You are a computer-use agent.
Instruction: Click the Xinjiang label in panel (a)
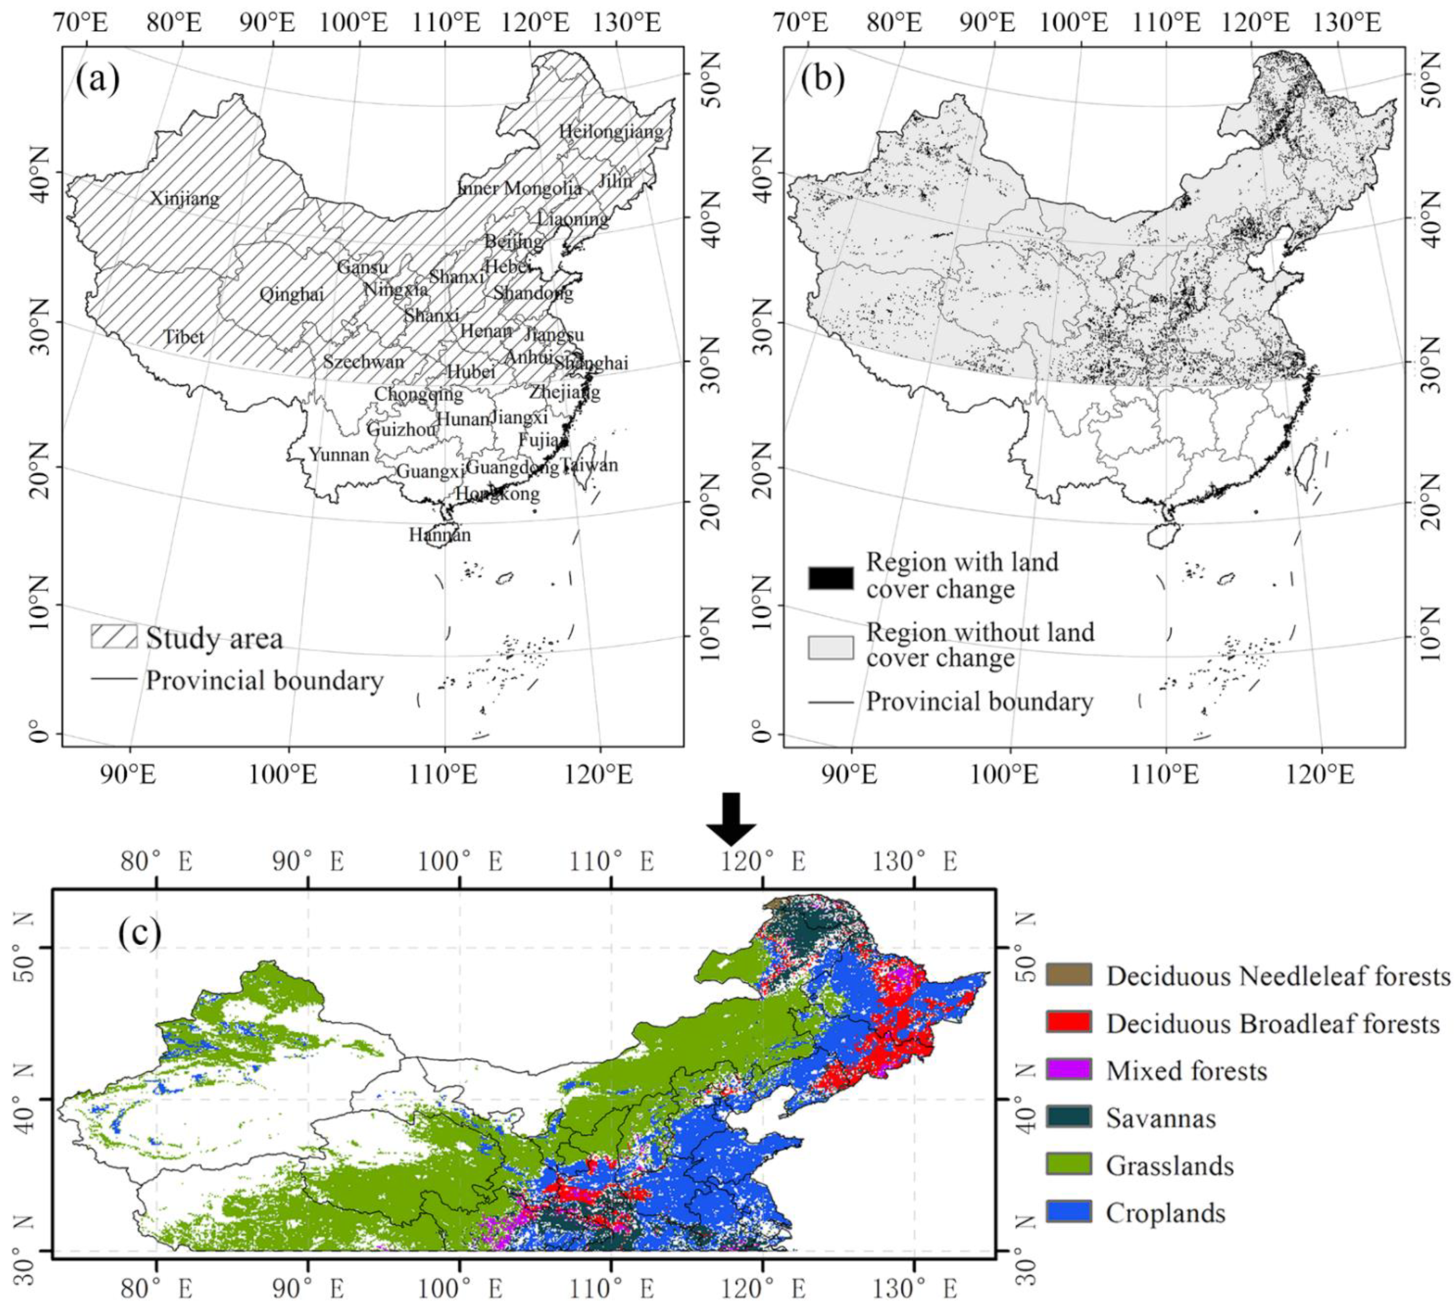tap(185, 198)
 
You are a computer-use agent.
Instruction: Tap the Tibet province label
tap(184, 336)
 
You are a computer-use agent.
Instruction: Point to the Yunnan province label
tap(339, 454)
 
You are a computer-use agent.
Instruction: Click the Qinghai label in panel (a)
tap(291, 294)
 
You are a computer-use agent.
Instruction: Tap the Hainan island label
tap(440, 535)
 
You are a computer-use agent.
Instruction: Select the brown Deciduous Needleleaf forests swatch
tap(1069, 975)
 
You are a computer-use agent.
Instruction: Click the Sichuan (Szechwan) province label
tap(363, 362)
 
